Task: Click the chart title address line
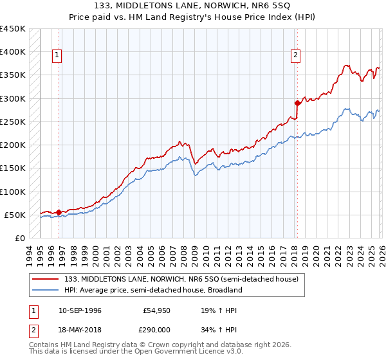(x=193, y=6)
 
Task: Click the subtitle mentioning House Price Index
(x=193, y=17)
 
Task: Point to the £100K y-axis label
(x=13, y=192)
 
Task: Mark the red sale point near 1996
(x=59, y=212)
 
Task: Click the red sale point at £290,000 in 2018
(x=297, y=103)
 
